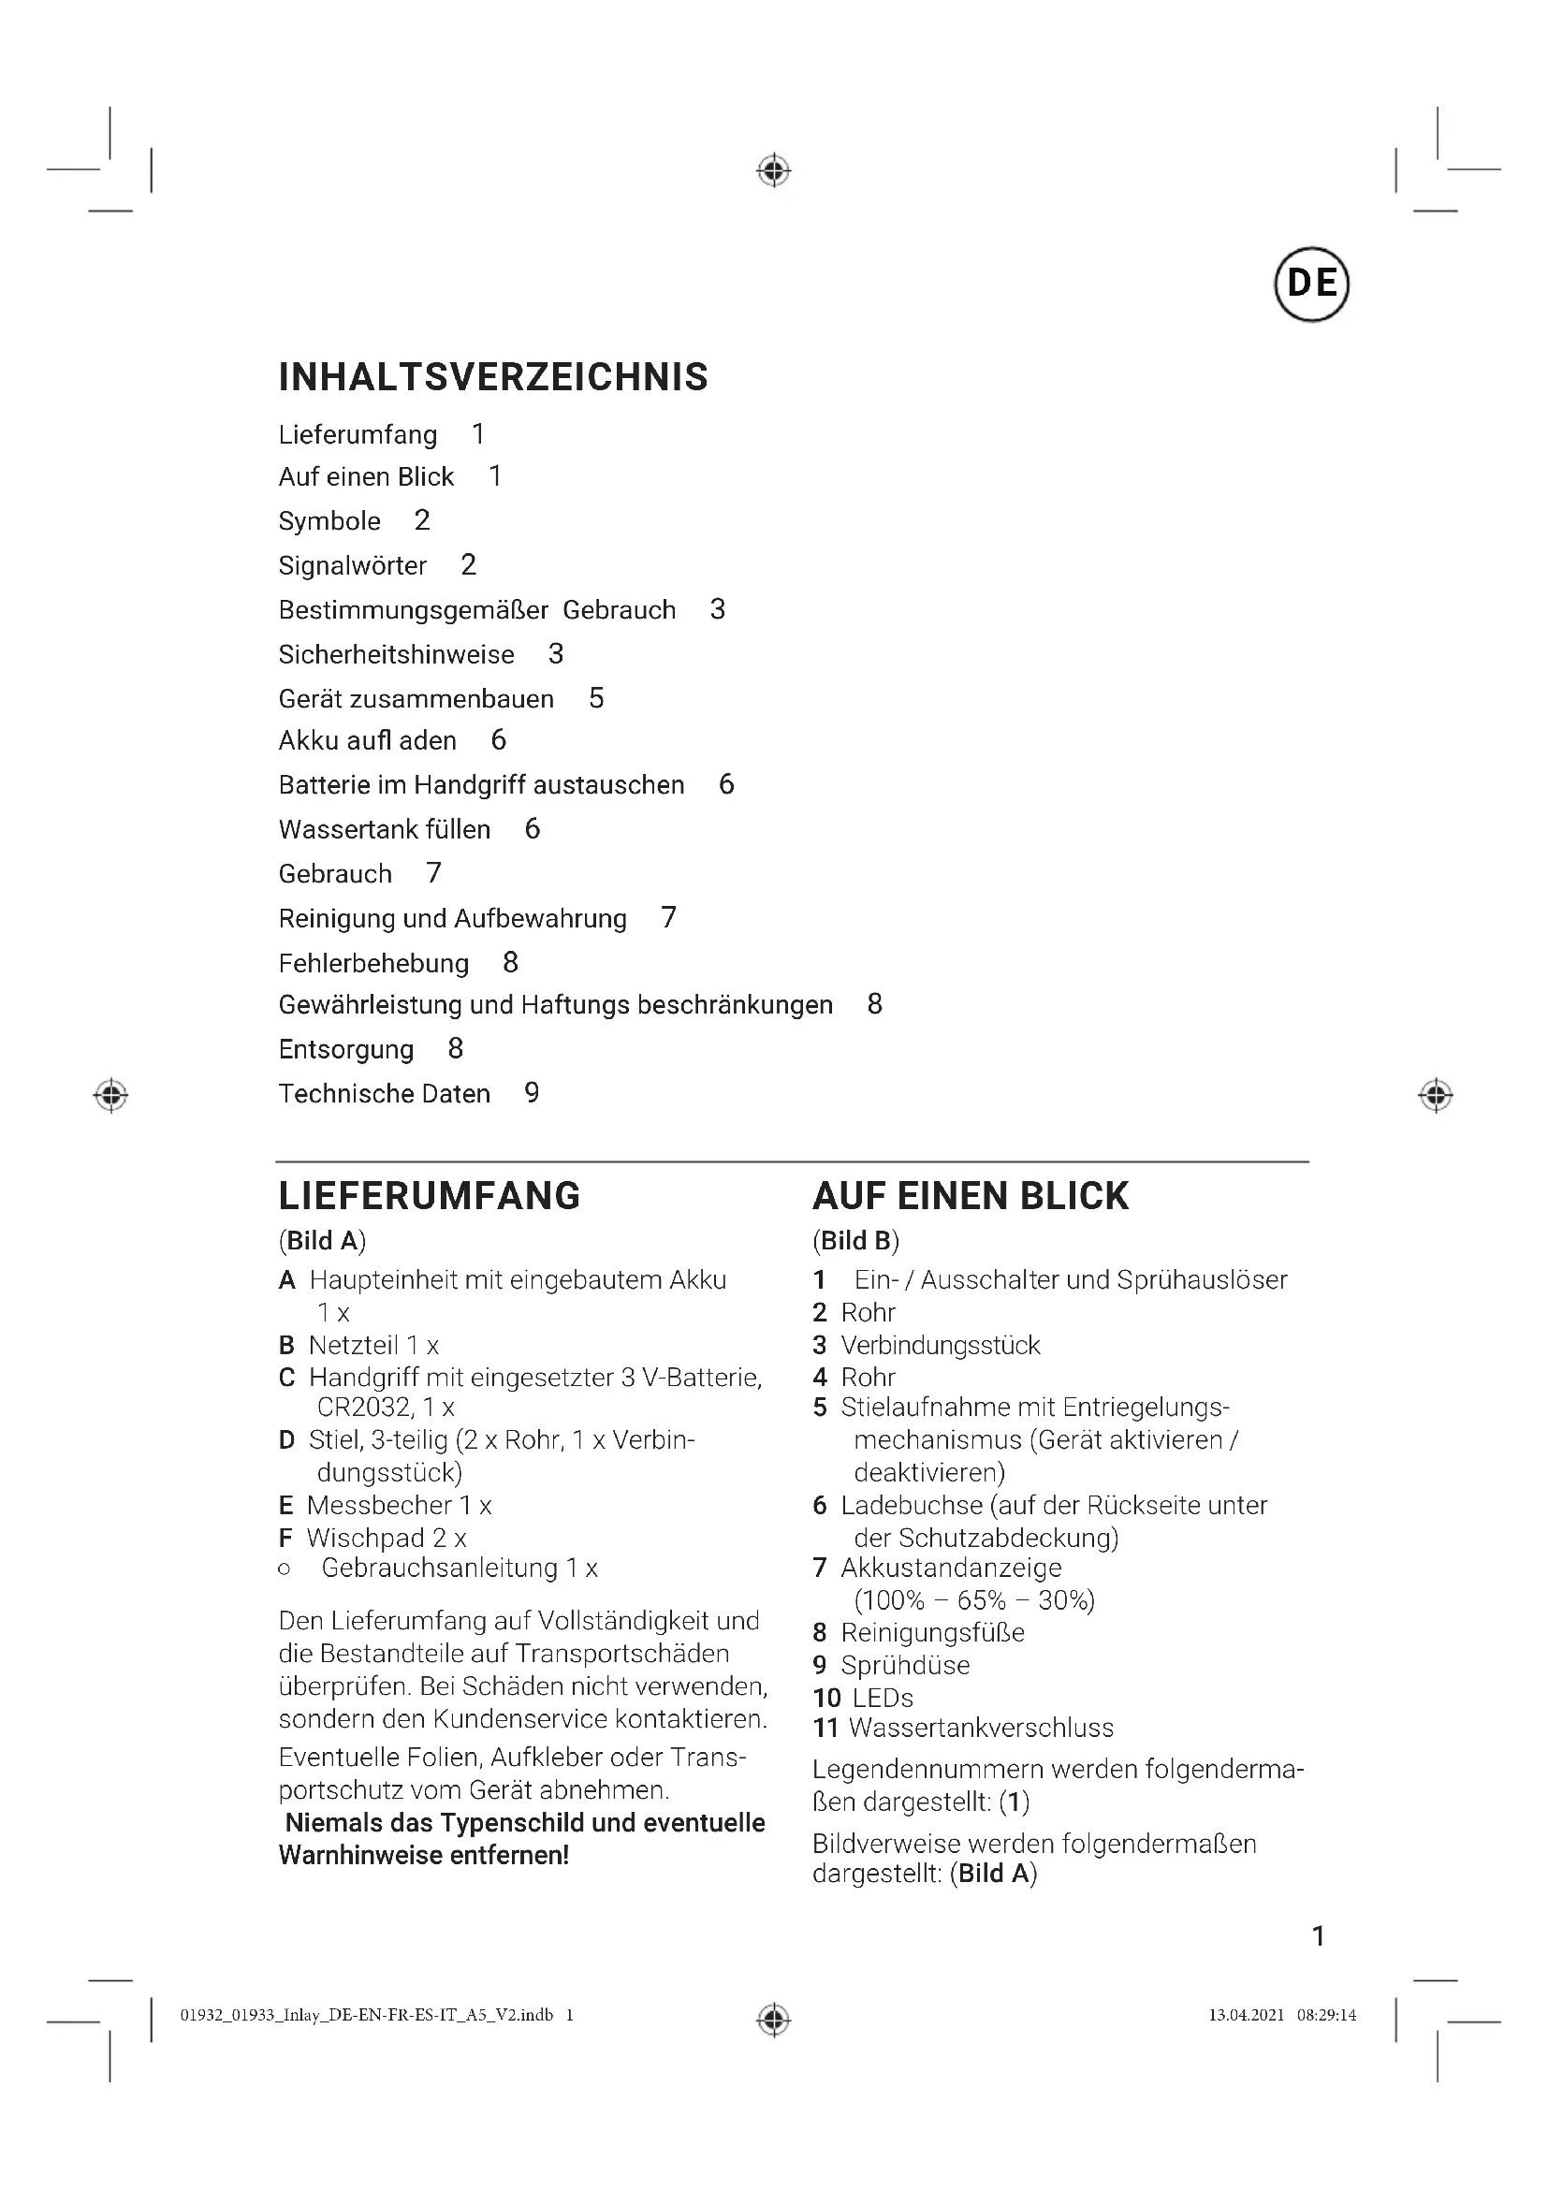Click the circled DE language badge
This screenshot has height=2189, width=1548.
[1310, 284]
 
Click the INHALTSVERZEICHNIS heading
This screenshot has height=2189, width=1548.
[493, 377]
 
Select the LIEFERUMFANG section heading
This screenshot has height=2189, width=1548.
[429, 1195]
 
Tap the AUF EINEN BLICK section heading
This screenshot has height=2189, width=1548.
[971, 1195]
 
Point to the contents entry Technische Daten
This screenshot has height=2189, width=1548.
[384, 1093]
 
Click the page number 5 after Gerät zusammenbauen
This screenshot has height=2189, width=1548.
[597, 698]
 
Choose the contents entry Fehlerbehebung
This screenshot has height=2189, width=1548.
[373, 963]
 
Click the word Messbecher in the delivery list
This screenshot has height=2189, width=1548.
[378, 1506]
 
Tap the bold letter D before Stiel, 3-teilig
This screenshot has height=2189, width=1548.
[287, 1439]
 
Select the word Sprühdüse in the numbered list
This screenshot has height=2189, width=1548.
[905, 1665]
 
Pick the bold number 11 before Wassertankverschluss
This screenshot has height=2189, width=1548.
[825, 1728]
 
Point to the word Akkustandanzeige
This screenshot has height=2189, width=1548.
[950, 1568]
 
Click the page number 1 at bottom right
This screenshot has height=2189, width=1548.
[1319, 1935]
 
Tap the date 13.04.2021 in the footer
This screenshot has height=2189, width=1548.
[1246, 2015]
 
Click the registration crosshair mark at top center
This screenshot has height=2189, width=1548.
[774, 171]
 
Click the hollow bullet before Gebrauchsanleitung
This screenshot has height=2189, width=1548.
[285, 1569]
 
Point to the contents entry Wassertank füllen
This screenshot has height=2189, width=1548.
[384, 829]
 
